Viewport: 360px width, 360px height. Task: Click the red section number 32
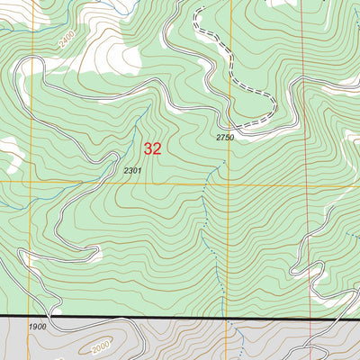(x=153, y=148)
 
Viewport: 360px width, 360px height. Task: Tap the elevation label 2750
(x=224, y=137)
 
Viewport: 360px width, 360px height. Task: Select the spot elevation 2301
(x=133, y=170)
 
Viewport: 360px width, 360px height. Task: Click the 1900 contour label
(x=37, y=327)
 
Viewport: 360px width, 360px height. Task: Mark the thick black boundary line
(x=180, y=318)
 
